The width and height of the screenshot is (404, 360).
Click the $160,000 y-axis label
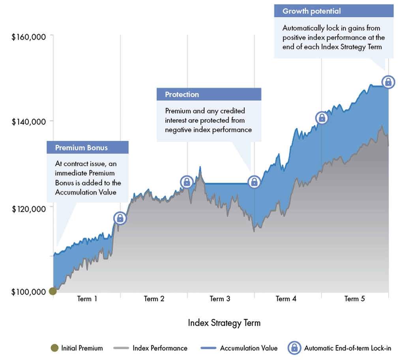coord(29,37)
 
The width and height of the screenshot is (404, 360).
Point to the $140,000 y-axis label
coord(29,122)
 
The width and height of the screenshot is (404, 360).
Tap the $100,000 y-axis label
coord(28,292)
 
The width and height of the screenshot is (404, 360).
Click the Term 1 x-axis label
coord(87,299)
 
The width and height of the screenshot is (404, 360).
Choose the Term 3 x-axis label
coord(220,299)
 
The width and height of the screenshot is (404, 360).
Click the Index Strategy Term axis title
coord(224,323)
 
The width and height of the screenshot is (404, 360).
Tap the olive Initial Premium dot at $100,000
coord(52,291)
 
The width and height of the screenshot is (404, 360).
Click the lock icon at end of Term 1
coord(120,218)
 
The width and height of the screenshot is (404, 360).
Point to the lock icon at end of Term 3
coord(254,182)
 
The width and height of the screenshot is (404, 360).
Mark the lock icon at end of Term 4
coord(322,118)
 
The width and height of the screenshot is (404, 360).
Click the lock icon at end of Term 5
coord(388,82)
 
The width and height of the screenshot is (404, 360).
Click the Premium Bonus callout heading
coord(81,148)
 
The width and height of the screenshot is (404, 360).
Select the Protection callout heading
coord(182,95)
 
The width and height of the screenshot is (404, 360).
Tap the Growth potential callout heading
coord(311,11)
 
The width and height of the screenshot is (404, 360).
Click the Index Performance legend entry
coord(160,348)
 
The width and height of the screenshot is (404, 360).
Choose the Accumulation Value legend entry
coord(249,348)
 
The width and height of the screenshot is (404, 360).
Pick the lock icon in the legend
coord(294,348)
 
